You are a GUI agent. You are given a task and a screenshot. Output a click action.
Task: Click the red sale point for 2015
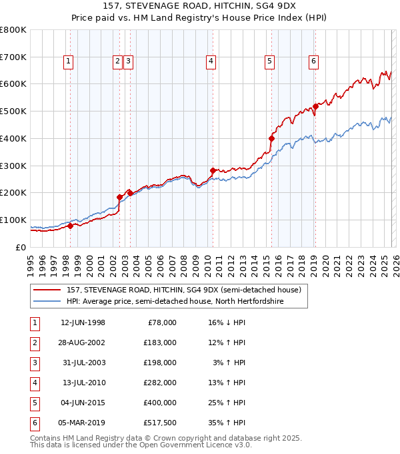pos(271,138)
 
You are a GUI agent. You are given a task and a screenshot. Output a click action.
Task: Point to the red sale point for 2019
pos(315,105)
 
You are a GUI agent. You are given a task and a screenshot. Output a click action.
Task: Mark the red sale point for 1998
pos(70,226)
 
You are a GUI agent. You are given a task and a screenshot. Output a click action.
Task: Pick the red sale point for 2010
pos(213,170)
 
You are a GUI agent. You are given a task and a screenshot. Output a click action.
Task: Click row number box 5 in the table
pos(34,403)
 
